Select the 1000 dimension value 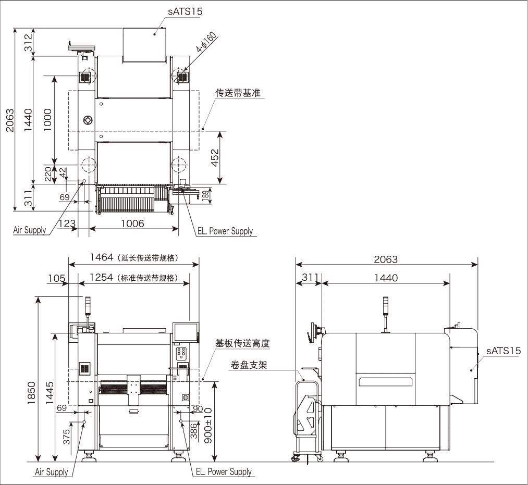click(47, 119)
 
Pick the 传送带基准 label click(238, 93)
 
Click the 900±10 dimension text click(207, 426)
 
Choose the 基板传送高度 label click(243, 344)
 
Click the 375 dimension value click(67, 436)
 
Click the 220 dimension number click(47, 173)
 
